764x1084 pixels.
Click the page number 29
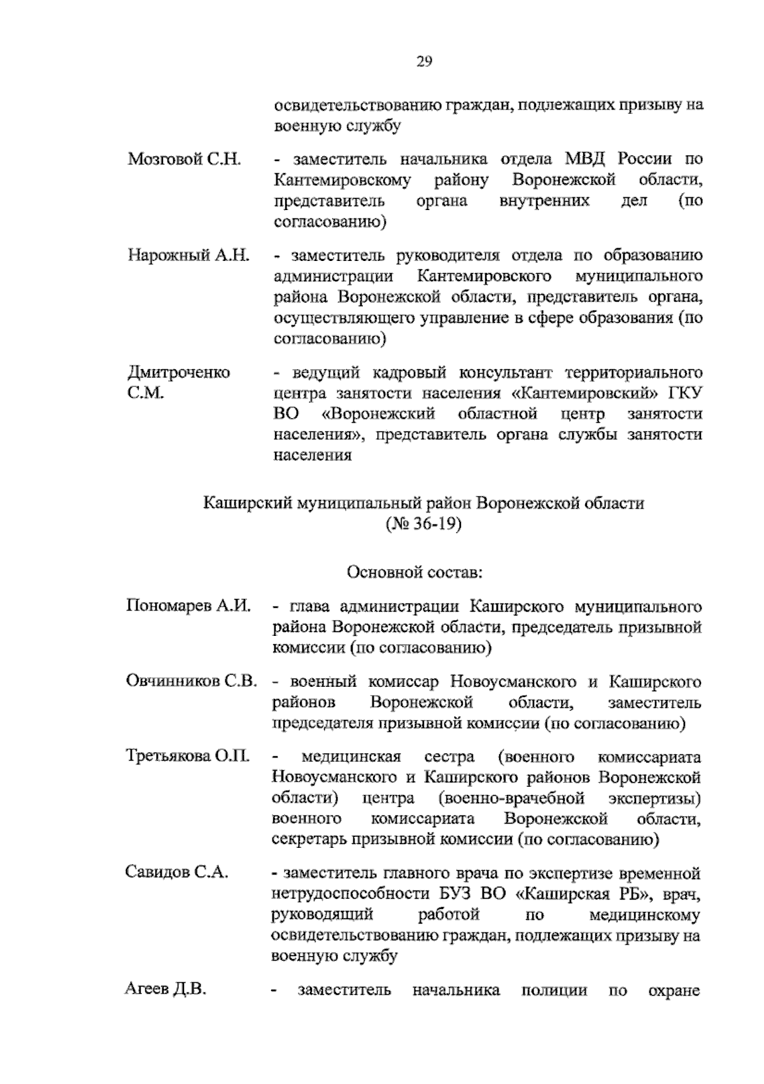point(425,61)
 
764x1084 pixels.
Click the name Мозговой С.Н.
point(184,158)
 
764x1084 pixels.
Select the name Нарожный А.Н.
point(189,255)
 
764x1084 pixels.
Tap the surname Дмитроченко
point(179,372)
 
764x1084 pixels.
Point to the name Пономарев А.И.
point(190,605)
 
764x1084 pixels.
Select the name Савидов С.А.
point(176,872)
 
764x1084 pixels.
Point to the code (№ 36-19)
point(423,524)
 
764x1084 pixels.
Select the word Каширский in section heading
point(245,503)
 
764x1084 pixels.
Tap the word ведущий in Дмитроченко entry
point(325,372)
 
